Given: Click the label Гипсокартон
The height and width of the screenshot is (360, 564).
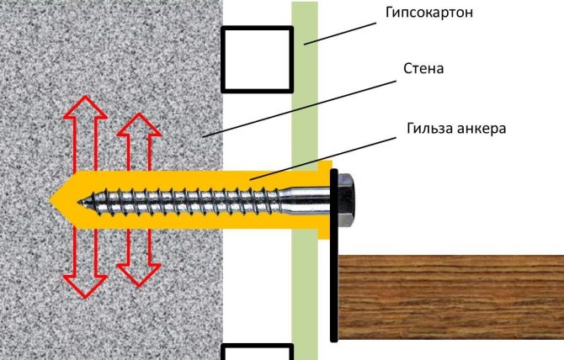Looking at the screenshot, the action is pyautogui.click(x=429, y=13).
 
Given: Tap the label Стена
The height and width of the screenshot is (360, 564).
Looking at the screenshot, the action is pyautogui.click(x=423, y=68).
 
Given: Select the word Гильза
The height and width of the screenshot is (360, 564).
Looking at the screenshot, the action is pyautogui.click(x=428, y=128).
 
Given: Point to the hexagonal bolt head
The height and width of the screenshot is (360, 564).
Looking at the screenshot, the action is pyautogui.click(x=346, y=199).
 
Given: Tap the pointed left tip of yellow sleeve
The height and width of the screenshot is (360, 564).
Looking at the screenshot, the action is pyautogui.click(x=51, y=199).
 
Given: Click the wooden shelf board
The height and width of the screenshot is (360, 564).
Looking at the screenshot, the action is pyautogui.click(x=451, y=297).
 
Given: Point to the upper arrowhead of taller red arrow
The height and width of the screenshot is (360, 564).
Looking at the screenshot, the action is pyautogui.click(x=85, y=107).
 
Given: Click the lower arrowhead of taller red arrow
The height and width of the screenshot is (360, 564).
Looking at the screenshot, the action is pyautogui.click(x=85, y=287).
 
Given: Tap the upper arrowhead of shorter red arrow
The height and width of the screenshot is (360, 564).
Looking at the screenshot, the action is pyautogui.click(x=139, y=124).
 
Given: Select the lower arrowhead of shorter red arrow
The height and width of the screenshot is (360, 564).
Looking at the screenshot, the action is pyautogui.click(x=139, y=276).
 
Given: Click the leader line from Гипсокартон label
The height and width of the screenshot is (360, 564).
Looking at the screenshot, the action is pyautogui.click(x=340, y=34).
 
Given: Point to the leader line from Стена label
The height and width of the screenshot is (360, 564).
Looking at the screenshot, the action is pyautogui.click(x=299, y=109).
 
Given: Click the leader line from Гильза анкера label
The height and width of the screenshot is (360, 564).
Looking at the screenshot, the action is pyautogui.click(x=323, y=158).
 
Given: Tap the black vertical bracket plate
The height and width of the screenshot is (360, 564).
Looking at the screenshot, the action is pyautogui.click(x=334, y=255).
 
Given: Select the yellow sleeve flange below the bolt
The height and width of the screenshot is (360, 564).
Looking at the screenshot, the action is pyautogui.click(x=324, y=234).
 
